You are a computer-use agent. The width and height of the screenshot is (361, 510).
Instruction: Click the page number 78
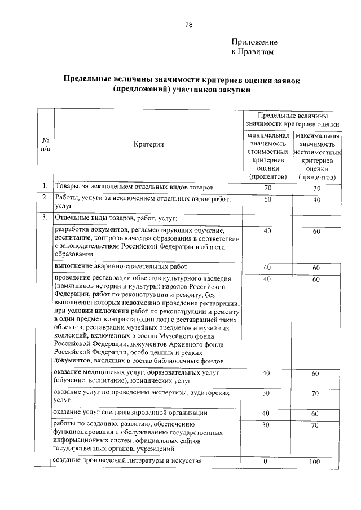coord(189,25)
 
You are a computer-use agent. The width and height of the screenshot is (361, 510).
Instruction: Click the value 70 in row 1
coord(268,188)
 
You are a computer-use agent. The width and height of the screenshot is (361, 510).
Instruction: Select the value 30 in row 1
coord(316,188)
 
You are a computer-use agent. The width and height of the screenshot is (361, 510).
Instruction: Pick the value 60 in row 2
coord(268,200)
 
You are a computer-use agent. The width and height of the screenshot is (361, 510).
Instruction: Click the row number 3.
coord(44,218)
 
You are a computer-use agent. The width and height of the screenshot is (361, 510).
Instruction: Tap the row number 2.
coord(44,198)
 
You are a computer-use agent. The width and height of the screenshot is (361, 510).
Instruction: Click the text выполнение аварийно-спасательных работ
coord(120,267)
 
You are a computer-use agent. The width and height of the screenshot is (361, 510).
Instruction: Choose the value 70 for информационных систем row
coord(316,425)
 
